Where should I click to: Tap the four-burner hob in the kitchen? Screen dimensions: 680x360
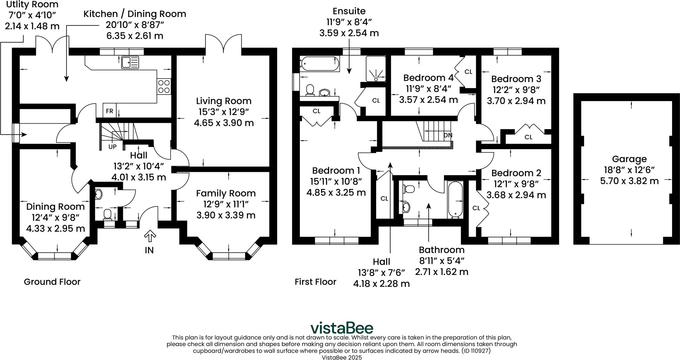[164, 86]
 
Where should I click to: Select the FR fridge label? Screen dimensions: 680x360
[109, 111]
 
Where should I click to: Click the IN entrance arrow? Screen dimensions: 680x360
[150, 236]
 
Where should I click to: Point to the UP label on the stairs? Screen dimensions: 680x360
[113, 146]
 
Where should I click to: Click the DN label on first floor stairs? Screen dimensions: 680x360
[448, 135]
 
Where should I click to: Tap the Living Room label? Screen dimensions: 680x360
[224, 101]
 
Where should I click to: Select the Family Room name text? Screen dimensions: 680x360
[226, 193]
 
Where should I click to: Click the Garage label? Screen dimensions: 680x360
[629, 159]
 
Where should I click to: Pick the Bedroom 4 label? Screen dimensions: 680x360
[428, 78]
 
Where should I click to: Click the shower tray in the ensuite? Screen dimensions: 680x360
[376, 69]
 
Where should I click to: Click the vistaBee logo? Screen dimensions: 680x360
[342, 328]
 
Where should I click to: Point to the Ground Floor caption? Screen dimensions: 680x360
[52, 282]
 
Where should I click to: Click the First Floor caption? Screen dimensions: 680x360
[315, 282]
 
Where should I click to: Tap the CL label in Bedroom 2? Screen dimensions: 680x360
[476, 208]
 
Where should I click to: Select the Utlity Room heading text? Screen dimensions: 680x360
[32, 5]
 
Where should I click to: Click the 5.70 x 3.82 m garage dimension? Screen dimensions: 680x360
[629, 181]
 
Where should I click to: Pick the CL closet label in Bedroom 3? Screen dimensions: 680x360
[528, 137]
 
